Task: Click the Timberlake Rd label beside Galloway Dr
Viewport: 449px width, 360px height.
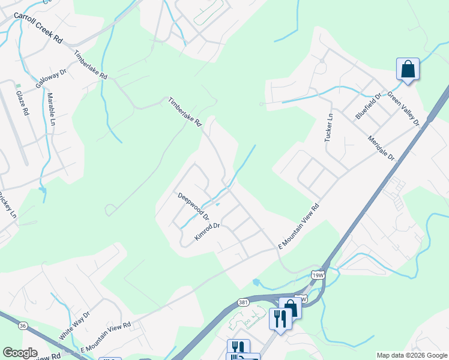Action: click(91, 65)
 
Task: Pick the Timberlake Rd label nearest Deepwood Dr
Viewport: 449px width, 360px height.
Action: click(185, 112)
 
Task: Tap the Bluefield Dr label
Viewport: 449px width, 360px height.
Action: click(369, 106)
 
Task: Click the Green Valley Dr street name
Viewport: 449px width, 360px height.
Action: click(403, 109)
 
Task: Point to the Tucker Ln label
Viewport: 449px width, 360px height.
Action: click(328, 127)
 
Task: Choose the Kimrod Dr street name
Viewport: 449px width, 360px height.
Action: click(208, 232)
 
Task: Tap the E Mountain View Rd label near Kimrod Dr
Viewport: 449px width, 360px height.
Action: click(298, 226)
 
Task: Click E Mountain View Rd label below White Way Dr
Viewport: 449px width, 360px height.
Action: click(106, 337)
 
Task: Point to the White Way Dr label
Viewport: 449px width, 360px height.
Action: click(74, 326)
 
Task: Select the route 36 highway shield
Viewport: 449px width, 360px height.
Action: click(23, 325)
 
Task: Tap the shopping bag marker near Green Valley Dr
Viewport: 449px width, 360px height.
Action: click(408, 68)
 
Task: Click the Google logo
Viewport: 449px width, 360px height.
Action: click(20, 353)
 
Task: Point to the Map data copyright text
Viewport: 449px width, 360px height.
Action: click(411, 355)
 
